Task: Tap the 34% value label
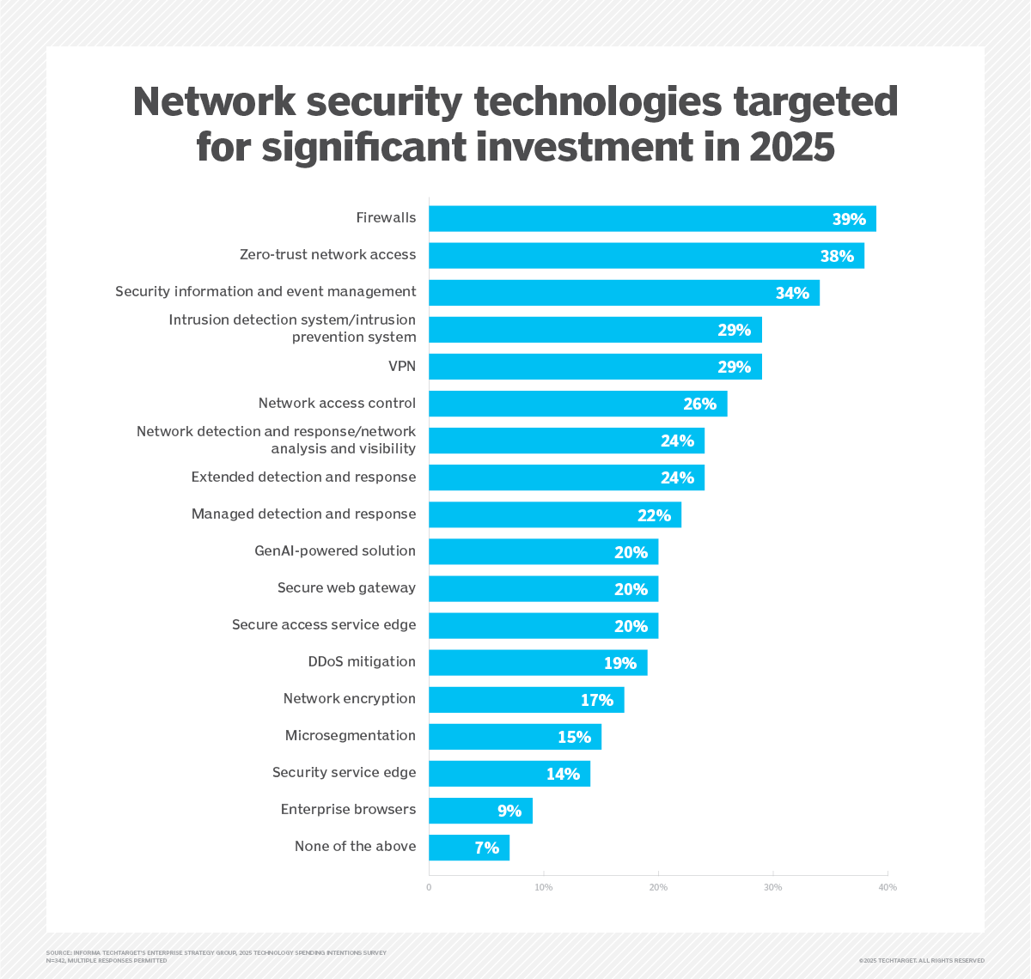[792, 293]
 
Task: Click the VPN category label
[401, 367]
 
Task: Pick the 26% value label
[699, 404]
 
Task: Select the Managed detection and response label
[303, 514]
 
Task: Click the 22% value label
[654, 515]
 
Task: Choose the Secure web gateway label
[346, 588]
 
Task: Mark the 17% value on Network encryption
[597, 700]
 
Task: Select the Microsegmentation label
[351, 736]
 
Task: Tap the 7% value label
[487, 848]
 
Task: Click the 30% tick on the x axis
[773, 887]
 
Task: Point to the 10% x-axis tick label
[544, 887]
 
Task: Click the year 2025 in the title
[791, 147]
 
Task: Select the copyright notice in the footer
[921, 960]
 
